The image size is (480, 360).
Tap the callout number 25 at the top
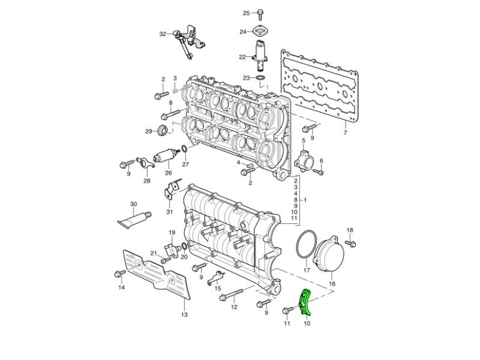(247, 13)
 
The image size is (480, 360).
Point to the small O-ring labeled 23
(260, 78)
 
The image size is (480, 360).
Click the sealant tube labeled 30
(134, 219)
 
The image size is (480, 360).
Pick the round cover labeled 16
(328, 254)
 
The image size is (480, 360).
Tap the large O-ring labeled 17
(306, 247)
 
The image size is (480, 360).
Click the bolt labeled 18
(350, 244)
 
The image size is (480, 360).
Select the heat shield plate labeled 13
(156, 275)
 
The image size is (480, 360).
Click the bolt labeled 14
(119, 274)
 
